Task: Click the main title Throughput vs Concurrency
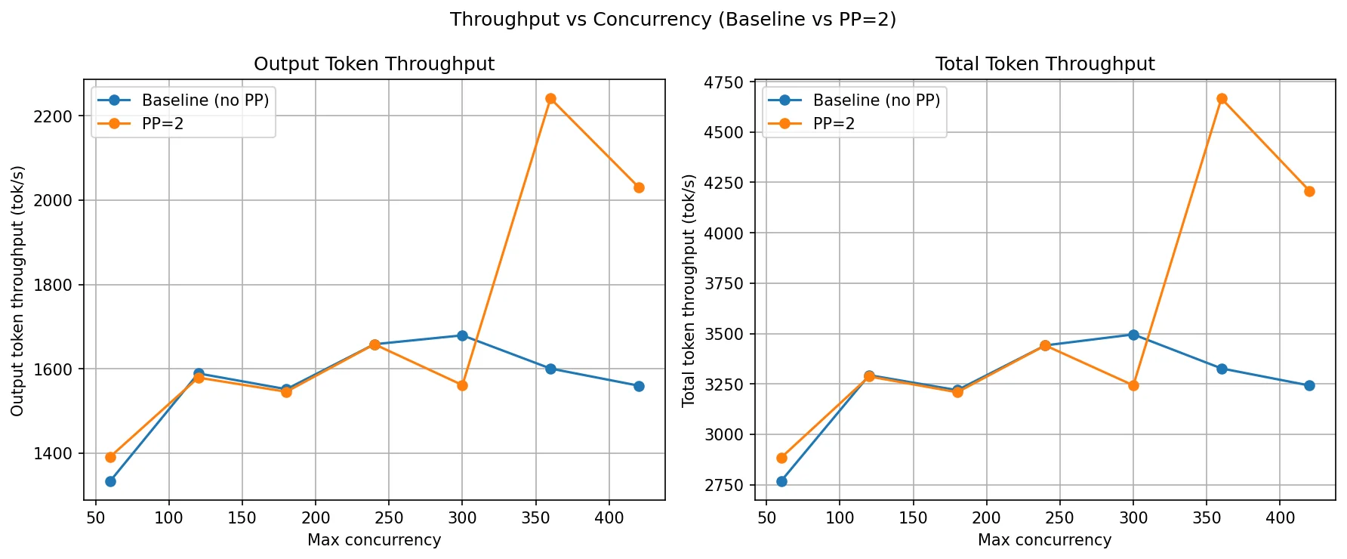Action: (673, 20)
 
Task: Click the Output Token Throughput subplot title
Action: (374, 64)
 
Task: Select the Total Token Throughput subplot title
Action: (1044, 64)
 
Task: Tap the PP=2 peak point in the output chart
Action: (550, 99)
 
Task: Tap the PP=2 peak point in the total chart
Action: (1222, 99)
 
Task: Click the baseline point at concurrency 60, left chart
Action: (110, 481)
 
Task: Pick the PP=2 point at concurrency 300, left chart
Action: (462, 385)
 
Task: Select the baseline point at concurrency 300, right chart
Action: (1133, 335)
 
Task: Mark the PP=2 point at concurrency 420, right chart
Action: (1309, 191)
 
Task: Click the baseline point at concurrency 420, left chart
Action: (639, 386)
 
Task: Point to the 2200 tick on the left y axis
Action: (58, 116)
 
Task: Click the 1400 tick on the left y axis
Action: (58, 454)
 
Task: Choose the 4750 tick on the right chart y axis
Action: (724, 82)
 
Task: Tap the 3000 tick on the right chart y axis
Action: (724, 435)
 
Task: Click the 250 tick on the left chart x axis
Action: (389, 518)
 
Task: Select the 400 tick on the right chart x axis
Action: (1280, 518)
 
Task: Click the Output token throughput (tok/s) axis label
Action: (18, 291)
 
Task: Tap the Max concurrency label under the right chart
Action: (1044, 540)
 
